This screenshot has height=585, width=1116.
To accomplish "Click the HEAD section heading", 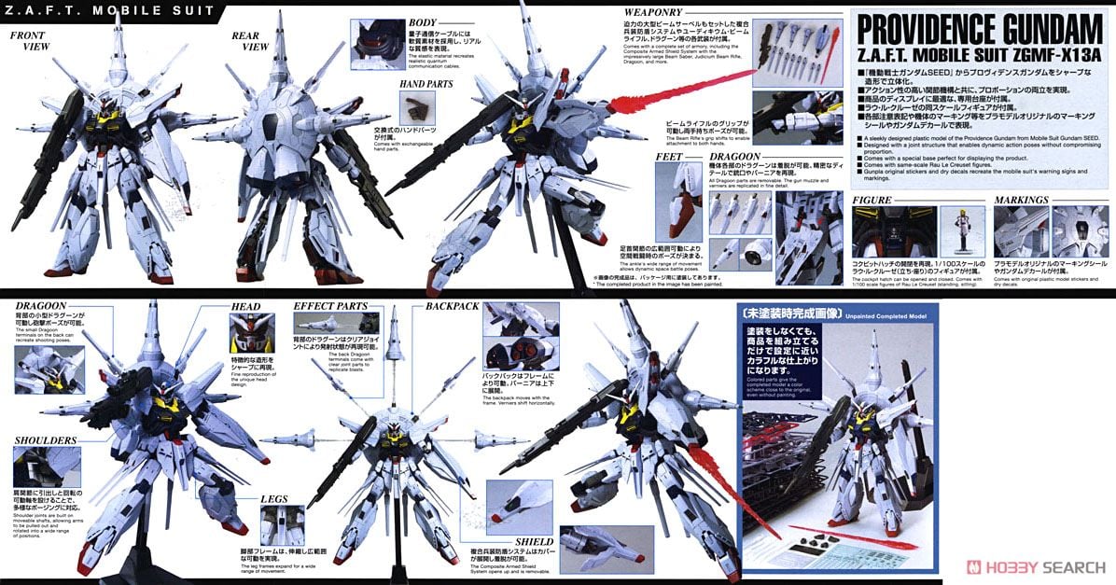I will tap(246, 306).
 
